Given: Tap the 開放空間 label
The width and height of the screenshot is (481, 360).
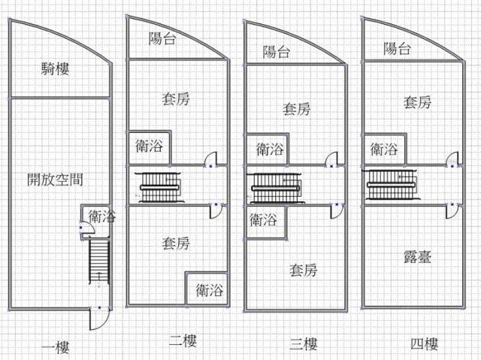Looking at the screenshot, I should [55, 180].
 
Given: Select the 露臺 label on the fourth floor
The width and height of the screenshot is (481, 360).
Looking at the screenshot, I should [416, 258].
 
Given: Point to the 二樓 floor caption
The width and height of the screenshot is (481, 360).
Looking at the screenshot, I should [183, 342].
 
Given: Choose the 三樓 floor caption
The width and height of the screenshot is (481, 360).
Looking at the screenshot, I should [303, 344].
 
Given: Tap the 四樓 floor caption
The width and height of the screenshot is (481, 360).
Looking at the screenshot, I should [425, 344].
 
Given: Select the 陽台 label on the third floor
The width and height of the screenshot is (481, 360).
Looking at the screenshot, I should [277, 52].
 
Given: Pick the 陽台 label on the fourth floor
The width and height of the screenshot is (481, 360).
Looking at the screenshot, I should [397, 50].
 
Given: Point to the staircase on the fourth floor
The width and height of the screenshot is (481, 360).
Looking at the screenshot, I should [391, 185].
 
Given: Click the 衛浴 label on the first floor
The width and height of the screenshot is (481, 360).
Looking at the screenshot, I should [101, 217].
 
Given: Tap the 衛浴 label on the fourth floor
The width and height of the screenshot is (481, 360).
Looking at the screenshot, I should [384, 149].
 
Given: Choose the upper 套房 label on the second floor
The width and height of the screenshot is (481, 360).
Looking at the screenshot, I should [175, 98].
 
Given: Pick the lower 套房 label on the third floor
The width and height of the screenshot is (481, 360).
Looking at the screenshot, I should [303, 269].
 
